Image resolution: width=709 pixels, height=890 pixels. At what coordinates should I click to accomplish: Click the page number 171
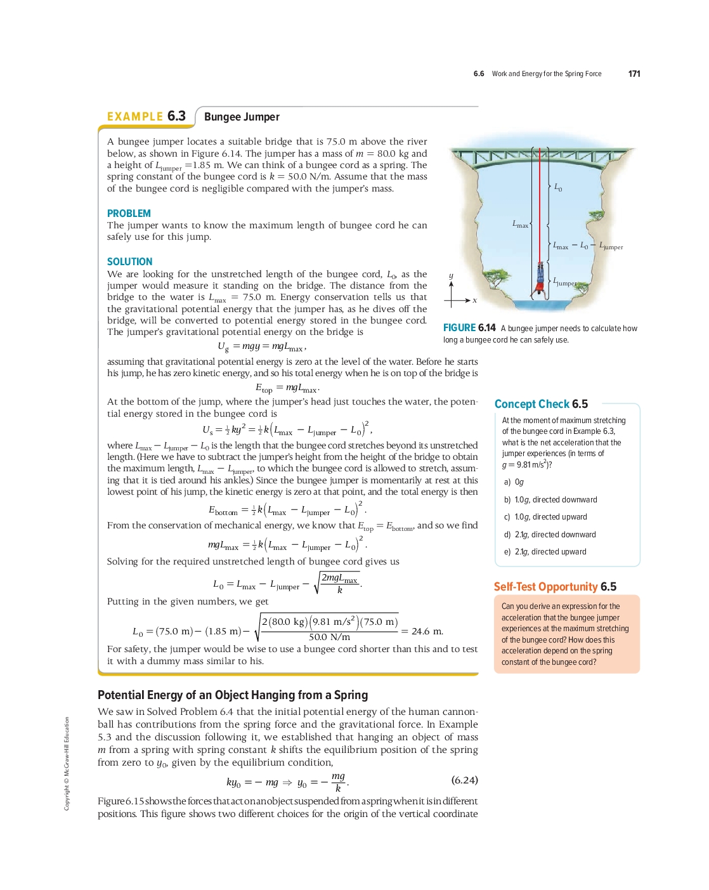(x=634, y=74)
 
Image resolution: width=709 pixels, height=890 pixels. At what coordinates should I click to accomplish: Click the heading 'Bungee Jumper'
(x=242, y=117)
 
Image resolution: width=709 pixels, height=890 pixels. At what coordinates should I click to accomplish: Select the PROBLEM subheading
(x=129, y=214)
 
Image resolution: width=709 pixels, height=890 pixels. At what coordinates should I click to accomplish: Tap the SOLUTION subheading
(x=129, y=261)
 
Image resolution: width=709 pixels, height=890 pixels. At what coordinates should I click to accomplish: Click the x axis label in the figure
(x=474, y=300)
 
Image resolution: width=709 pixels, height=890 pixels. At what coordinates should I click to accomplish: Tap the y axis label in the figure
(x=451, y=275)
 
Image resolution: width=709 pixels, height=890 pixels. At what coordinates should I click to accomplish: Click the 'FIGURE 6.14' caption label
(x=469, y=328)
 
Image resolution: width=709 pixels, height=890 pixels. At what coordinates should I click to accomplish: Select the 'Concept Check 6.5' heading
(x=541, y=404)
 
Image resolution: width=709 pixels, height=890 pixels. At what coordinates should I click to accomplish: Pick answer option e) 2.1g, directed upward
(x=545, y=552)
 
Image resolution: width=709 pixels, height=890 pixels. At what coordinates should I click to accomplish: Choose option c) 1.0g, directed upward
(x=545, y=517)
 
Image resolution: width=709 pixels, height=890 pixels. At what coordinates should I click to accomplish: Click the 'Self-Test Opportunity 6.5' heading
(x=555, y=587)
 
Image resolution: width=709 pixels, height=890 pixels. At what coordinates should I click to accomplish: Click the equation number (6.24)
(x=464, y=780)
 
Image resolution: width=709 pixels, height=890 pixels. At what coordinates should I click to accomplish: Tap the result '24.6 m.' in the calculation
(x=427, y=631)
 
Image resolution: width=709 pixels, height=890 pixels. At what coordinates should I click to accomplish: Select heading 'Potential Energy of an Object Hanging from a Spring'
(x=233, y=695)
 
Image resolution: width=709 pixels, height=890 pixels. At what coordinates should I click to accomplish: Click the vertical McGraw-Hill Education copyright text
(x=67, y=763)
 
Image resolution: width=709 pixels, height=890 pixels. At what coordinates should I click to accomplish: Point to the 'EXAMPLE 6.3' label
(x=146, y=117)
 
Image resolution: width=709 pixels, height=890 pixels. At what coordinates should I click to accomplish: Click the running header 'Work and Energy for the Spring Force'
(x=546, y=74)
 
